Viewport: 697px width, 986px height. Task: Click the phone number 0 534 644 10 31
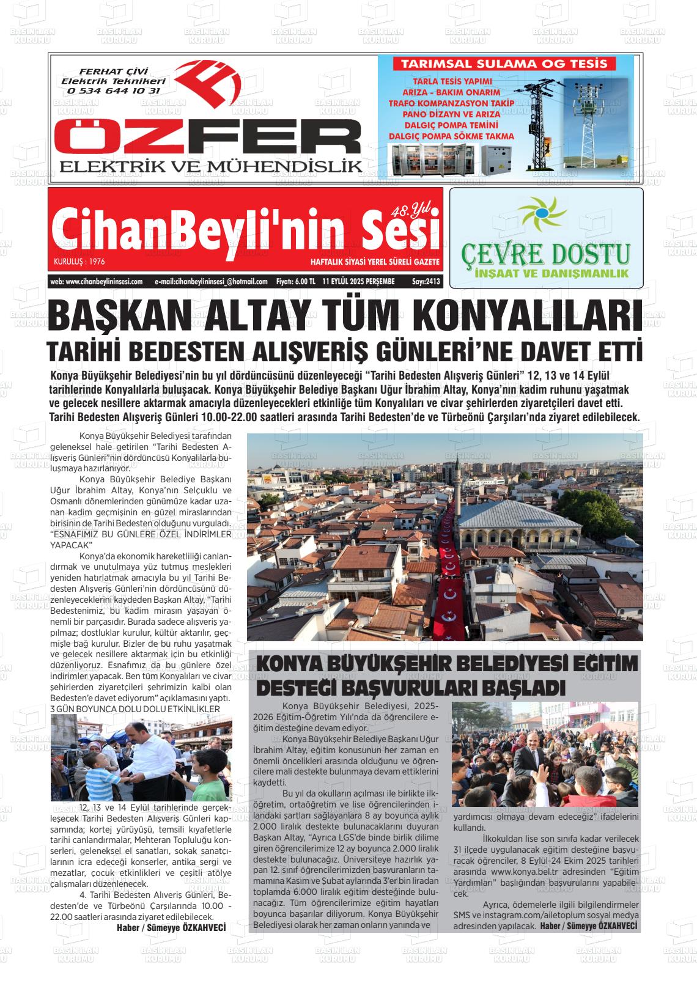tap(114, 90)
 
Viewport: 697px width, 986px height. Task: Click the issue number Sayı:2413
tap(426, 282)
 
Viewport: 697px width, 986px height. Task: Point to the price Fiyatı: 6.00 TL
tap(295, 282)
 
